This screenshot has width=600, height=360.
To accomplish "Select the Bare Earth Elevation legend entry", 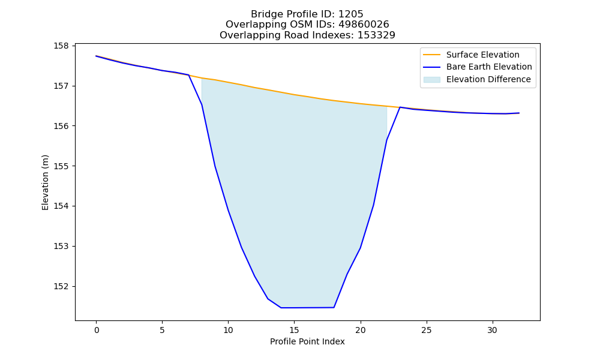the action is point(478,67).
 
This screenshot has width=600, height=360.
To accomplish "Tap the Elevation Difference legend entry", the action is point(477,80).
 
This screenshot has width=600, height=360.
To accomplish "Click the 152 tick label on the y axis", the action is point(61,287).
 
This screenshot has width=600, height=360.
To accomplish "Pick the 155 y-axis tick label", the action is point(61,166).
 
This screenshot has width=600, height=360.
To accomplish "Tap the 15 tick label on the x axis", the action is point(294,330).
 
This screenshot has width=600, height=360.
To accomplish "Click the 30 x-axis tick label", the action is point(493,330).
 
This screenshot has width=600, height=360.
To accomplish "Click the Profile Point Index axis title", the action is point(307,341).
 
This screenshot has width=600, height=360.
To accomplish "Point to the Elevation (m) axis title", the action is point(46,182).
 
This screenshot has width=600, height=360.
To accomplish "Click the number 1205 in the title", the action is point(350,14).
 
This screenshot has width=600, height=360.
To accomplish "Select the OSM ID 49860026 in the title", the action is point(364,25).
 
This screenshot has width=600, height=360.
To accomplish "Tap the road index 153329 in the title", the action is point(376,35).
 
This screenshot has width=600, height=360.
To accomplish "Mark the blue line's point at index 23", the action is point(400,107).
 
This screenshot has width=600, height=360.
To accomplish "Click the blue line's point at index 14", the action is point(281,308).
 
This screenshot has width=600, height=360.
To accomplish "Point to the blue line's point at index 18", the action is point(334,307).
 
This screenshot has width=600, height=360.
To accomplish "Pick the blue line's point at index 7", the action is point(188,75).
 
